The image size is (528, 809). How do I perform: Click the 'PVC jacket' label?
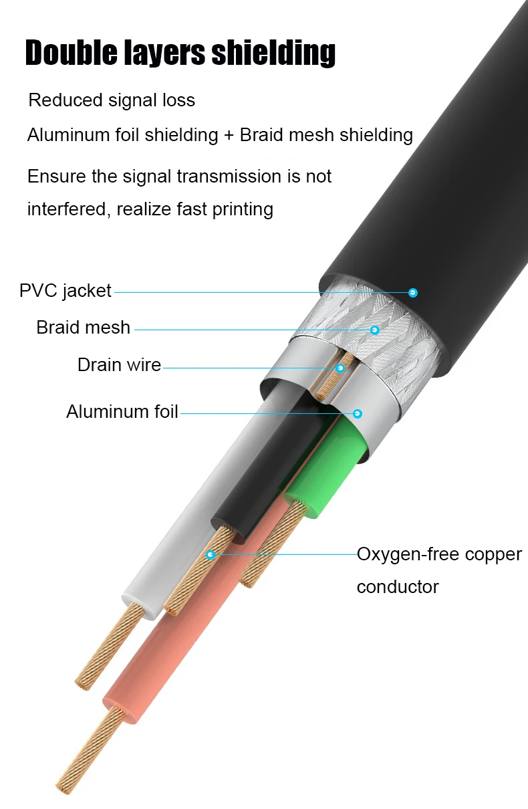click(x=65, y=292)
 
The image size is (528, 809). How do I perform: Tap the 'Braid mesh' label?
click(x=83, y=328)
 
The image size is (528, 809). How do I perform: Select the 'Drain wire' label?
click(x=119, y=365)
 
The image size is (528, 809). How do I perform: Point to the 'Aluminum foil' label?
click(x=122, y=412)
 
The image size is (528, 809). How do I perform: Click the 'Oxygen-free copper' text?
click(x=438, y=555)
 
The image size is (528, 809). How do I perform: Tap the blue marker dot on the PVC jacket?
click(x=413, y=292)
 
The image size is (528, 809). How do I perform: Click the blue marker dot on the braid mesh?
click(x=375, y=330)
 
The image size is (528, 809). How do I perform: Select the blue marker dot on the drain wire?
click(x=340, y=368)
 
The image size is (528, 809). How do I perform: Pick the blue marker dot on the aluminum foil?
click(x=358, y=414)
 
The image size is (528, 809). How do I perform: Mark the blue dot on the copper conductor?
click(x=211, y=554)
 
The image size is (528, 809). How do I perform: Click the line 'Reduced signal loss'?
click(x=112, y=100)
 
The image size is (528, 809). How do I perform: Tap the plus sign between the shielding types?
click(x=229, y=135)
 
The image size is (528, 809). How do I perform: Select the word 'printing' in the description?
click(x=243, y=209)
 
